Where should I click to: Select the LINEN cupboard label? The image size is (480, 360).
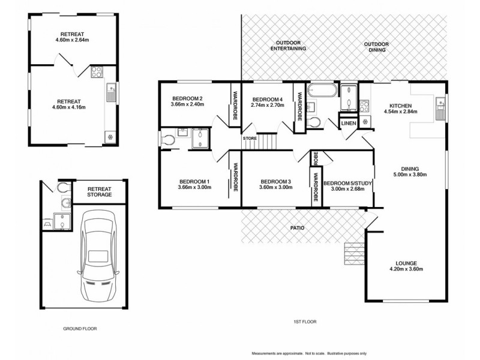pos(349,124)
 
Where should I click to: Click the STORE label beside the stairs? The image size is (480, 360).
pos(250,139)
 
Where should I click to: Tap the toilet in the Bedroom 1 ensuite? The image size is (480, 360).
pos(168,140)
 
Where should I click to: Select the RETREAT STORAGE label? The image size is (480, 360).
pos(100,191)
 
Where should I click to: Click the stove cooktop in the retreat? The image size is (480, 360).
pos(97,73)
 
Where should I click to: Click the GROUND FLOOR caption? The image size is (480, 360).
pos(80,329)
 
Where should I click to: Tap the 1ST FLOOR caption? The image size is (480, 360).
pos(305,322)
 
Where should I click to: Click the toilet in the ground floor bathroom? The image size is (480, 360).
pos(64,188)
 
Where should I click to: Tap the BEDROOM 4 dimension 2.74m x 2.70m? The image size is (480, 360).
pos(266,106)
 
